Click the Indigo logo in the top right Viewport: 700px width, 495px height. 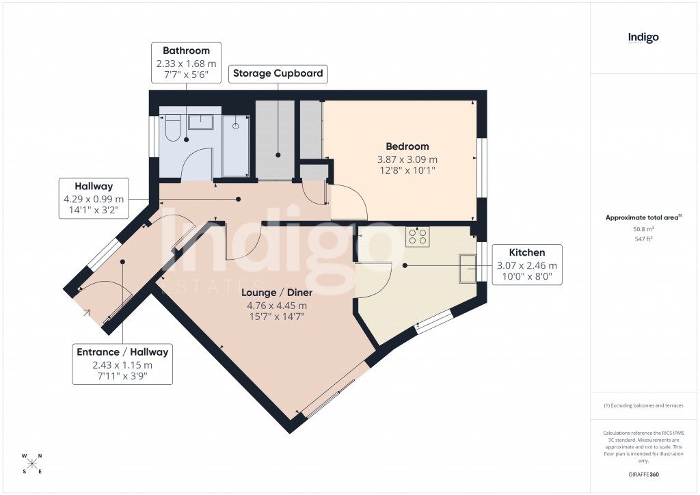[643, 38]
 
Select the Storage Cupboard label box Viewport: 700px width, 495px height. [278, 74]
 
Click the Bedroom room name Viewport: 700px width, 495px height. [407, 146]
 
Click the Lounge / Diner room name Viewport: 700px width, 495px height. [276, 293]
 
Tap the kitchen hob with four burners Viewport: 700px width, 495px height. [418, 237]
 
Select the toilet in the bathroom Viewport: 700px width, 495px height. [172, 127]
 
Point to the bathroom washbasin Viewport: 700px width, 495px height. [200, 122]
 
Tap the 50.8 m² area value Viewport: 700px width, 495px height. [643, 229]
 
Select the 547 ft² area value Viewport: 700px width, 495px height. [643, 239]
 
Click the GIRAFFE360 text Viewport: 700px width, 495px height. [643, 474]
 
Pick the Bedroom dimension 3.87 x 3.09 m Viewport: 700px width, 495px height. [407, 159]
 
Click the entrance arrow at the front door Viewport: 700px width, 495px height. [87, 314]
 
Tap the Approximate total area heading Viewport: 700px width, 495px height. [643, 217]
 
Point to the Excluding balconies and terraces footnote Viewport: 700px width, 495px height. [643, 405]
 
